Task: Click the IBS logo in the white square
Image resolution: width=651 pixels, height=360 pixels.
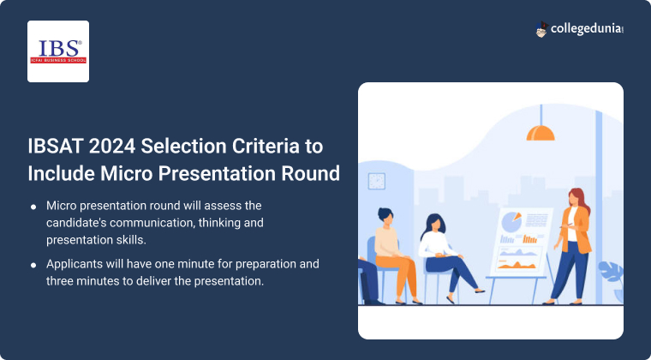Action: pyautogui.click(x=58, y=51)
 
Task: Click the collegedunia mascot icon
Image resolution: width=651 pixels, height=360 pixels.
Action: pyautogui.click(x=542, y=30)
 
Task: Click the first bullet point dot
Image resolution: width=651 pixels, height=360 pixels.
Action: pyautogui.click(x=33, y=207)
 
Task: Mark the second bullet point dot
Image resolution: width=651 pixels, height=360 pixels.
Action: pyautogui.click(x=33, y=264)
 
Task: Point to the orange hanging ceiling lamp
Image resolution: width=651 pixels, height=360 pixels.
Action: pyautogui.click(x=541, y=131)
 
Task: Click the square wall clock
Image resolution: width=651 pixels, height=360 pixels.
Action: pyautogui.click(x=377, y=181)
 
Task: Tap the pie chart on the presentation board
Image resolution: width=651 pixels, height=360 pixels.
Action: pyautogui.click(x=511, y=222)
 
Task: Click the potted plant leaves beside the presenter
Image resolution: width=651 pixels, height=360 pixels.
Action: pyautogui.click(x=612, y=274)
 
